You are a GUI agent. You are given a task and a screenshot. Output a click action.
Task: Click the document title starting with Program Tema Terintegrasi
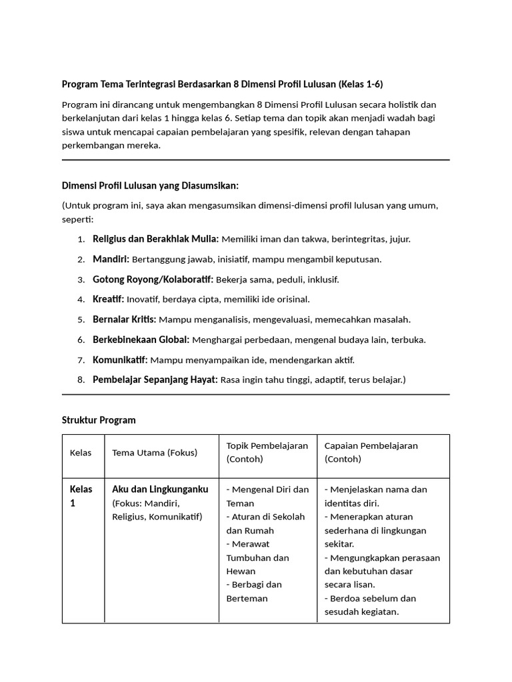pos(223,85)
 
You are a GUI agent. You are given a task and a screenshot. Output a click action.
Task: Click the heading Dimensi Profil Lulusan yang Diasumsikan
pos(150,185)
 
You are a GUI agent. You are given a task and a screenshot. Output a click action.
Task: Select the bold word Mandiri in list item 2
pos(111,259)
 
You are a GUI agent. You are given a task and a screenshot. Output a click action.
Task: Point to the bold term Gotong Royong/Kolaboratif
pos(153,279)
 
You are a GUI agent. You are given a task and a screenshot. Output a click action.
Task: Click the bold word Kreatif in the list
pos(109,299)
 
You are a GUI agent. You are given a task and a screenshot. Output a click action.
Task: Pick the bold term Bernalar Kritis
pos(124,320)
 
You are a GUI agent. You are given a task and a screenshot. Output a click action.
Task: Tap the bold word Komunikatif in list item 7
pos(120,360)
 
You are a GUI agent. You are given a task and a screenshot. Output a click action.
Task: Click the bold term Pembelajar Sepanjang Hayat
pos(155,380)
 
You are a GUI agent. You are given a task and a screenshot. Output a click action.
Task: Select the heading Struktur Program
pos(99,420)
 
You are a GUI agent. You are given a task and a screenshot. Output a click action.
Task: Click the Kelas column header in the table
pos(81,453)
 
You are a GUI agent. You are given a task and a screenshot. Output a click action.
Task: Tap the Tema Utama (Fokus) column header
pos(155,453)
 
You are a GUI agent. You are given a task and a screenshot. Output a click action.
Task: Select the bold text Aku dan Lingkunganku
pos(160,490)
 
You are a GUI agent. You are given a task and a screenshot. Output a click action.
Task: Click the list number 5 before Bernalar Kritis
pos(81,320)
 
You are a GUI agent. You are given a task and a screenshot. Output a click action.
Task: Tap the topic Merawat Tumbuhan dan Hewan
pos(257,557)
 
